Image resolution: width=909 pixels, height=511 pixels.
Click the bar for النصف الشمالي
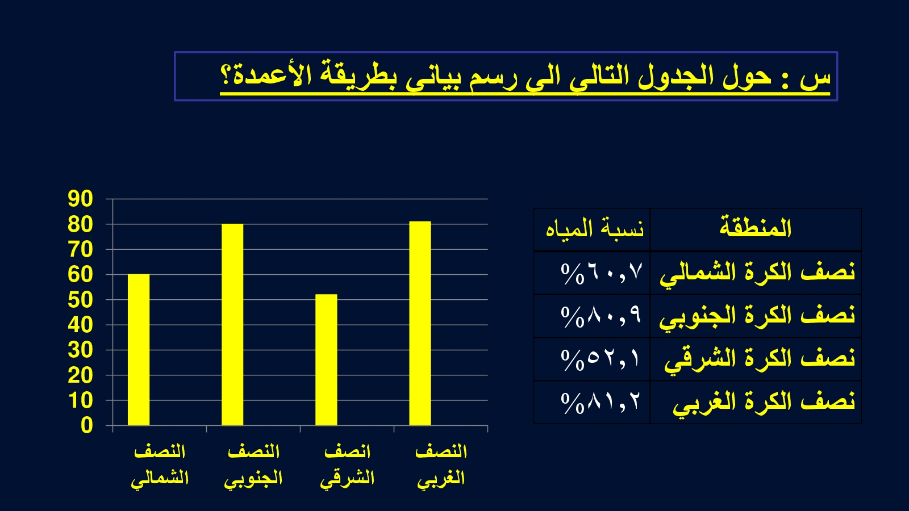pos(139,350)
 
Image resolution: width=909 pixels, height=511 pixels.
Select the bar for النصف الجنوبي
pos(232,324)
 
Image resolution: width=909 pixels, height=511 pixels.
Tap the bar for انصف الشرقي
pos(326,360)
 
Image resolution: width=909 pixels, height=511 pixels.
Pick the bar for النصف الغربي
pos(420,323)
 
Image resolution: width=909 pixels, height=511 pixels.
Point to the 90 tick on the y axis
pos(80,199)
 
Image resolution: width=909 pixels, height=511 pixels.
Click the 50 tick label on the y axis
pos(80,300)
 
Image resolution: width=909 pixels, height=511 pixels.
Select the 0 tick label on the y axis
pos(87,426)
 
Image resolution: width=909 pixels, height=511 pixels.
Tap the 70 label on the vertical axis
pos(80,249)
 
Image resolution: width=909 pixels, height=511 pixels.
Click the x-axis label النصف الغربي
pos(441,465)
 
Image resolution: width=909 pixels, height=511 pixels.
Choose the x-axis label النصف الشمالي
pos(160,465)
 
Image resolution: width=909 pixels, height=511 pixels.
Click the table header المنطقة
pos(756,228)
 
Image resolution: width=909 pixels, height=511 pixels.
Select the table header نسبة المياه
pos(594,228)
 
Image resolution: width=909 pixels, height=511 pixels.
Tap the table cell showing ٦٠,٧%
pos(602,273)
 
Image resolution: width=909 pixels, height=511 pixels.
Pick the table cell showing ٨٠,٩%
pos(602,316)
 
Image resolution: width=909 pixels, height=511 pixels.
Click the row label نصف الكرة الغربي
pos(764,403)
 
